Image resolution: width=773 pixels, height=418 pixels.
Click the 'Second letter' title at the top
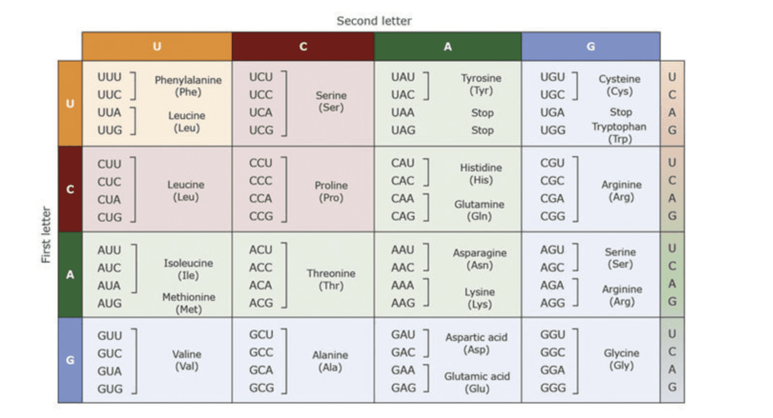tap(374, 21)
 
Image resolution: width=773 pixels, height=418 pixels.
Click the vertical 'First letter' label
tap(46, 234)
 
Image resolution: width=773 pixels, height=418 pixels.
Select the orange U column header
tap(157, 46)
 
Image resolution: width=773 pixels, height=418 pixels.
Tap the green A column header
tap(448, 46)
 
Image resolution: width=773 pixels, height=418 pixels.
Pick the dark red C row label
tap(70, 189)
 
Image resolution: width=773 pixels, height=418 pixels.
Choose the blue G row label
tap(70, 360)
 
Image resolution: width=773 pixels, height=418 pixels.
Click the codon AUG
tap(110, 303)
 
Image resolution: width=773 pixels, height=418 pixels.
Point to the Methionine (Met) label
tap(189, 303)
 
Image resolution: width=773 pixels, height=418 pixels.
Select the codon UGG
tap(553, 130)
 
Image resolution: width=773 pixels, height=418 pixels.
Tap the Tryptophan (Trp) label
tap(620, 133)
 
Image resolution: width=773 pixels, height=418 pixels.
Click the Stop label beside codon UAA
tap(482, 113)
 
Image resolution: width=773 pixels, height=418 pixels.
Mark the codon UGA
tap(553, 113)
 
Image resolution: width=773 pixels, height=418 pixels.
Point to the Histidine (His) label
tap(481, 174)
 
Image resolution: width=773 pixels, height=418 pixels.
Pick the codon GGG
tap(553, 388)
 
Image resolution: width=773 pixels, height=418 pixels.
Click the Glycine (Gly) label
tap(622, 359)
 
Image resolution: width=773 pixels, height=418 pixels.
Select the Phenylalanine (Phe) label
tap(188, 86)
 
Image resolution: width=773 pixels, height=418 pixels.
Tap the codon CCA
tap(260, 198)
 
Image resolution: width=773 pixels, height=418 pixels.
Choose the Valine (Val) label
tap(187, 361)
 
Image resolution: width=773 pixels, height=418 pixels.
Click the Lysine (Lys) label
tap(480, 298)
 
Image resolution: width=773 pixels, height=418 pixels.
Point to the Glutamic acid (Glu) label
tap(477, 383)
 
